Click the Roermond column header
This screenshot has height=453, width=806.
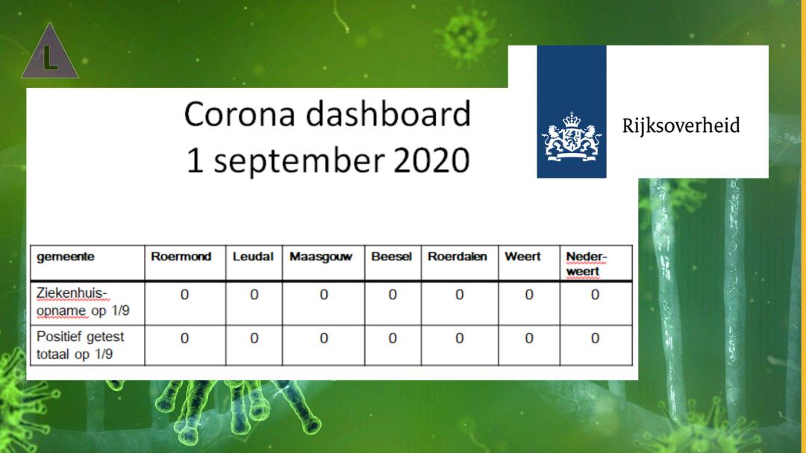[x=181, y=257]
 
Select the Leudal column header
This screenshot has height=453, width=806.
[x=253, y=257]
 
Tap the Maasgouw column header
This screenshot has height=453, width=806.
[x=321, y=257]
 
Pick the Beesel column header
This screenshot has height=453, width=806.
[x=391, y=257]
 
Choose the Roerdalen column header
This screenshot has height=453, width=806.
[x=457, y=257]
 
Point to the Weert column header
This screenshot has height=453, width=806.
[x=522, y=257]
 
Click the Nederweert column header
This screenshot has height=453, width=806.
[x=587, y=263]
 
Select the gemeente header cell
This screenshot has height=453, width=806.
[x=65, y=257]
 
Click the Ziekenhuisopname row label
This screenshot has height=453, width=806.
[x=83, y=302]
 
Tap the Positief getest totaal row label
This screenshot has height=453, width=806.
[x=80, y=345]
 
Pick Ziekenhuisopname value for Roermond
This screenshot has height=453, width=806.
[x=184, y=295]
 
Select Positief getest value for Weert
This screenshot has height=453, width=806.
[x=529, y=338]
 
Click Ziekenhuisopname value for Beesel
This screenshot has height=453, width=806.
[x=393, y=295]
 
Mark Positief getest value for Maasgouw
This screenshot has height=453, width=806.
[x=324, y=338]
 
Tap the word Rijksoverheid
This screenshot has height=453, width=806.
[x=681, y=126]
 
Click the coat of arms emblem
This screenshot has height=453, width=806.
[x=572, y=137]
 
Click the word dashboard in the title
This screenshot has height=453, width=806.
[x=388, y=113]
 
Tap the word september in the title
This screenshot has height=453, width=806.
[x=299, y=161]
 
